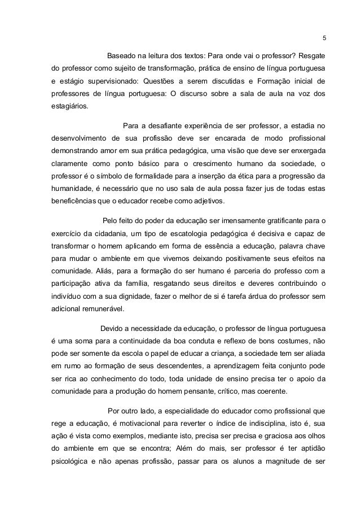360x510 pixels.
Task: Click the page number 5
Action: [324, 38]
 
